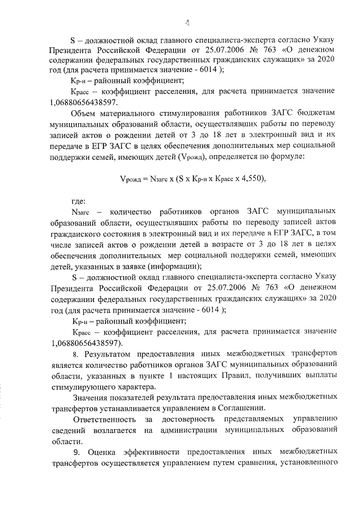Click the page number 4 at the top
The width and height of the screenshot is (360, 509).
point(187,22)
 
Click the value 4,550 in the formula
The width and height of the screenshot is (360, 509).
point(247,179)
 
